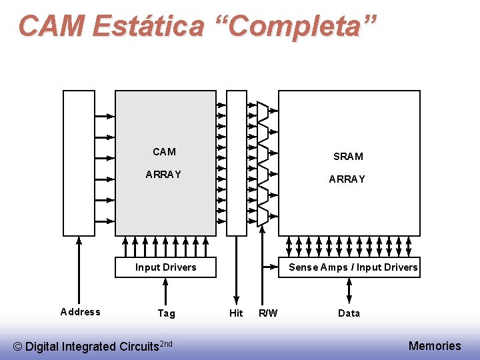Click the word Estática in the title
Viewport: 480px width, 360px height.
(148, 26)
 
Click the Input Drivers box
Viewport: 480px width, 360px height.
(165, 267)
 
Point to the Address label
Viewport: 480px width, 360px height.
(80, 312)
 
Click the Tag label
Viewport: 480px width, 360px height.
(166, 313)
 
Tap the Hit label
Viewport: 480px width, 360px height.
(236, 313)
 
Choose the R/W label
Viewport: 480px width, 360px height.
(268, 313)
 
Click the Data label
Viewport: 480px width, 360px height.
(349, 313)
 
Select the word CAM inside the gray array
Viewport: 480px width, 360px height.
(164, 152)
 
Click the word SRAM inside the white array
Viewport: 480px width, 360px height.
(348, 157)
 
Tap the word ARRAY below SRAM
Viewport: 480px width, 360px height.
(347, 179)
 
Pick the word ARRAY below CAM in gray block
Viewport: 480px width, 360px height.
(163, 175)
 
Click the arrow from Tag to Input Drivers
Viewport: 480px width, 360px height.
(166, 291)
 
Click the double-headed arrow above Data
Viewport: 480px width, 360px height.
(349, 291)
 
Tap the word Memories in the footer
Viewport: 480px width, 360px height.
(434, 345)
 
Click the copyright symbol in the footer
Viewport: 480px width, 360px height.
(18, 347)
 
